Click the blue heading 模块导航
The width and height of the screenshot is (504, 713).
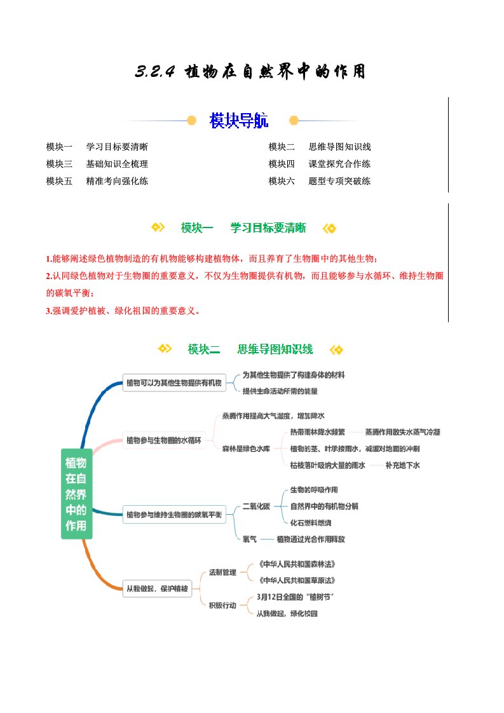click(238, 121)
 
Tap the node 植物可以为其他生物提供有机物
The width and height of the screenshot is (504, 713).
click(174, 383)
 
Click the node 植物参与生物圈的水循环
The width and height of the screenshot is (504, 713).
click(164, 440)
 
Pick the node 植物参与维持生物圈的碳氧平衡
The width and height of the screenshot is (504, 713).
click(174, 515)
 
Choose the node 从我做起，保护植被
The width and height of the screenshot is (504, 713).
click(156, 589)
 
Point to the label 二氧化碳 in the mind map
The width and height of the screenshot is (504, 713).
click(256, 506)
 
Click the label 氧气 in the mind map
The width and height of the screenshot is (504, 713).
click(250, 539)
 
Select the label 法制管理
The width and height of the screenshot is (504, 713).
click(222, 573)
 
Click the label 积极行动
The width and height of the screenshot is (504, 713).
click(222, 606)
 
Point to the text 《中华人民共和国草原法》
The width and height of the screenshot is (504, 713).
click(296, 581)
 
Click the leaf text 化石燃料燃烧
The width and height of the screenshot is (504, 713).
click(310, 522)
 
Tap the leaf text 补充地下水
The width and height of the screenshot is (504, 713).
click(402, 465)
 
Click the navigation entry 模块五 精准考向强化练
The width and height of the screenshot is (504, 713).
click(97, 181)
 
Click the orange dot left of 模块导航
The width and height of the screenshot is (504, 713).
click(192, 120)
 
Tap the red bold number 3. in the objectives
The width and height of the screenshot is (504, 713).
click(49, 311)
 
